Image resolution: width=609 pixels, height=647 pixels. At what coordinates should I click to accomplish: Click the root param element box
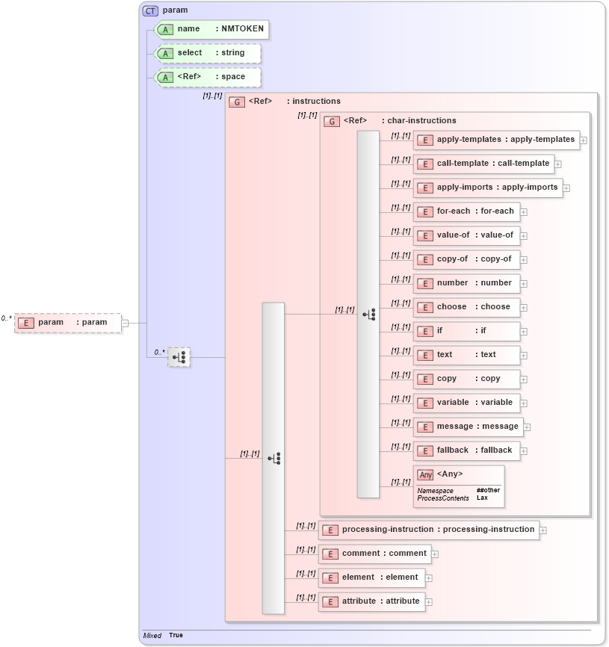pyautogui.click(x=67, y=323)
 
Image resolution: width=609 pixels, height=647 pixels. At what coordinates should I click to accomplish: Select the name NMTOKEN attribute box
pyautogui.click(x=210, y=29)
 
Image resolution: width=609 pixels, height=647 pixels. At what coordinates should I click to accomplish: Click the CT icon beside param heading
pyautogui.click(x=150, y=10)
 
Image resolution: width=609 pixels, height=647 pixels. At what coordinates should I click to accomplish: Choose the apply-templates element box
pyautogui.click(x=496, y=140)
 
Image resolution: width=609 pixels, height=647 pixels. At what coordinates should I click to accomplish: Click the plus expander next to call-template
pyautogui.click(x=558, y=164)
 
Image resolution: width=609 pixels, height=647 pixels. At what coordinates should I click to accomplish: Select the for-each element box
pyautogui.click(x=466, y=211)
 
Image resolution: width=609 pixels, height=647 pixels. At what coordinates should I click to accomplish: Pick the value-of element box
pyautogui.click(x=466, y=235)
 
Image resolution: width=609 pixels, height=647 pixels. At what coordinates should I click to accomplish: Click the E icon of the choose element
pyautogui.click(x=424, y=307)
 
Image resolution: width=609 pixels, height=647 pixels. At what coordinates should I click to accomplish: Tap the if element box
pyautogui.click(x=466, y=331)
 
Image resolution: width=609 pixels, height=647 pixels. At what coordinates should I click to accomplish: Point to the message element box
pyautogui.click(x=469, y=427)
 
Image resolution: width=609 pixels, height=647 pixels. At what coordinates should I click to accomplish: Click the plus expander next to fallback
pyautogui.click(x=524, y=451)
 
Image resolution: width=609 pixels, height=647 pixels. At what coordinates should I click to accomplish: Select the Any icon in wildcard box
pyautogui.click(x=425, y=474)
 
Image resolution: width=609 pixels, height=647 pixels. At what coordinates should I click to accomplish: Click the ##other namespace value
pyautogui.click(x=488, y=490)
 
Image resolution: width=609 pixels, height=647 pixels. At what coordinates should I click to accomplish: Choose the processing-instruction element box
pyautogui.click(x=428, y=530)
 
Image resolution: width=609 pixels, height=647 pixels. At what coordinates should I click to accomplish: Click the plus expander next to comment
pyautogui.click(x=435, y=554)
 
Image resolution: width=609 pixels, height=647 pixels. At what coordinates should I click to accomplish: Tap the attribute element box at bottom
pyautogui.click(x=372, y=601)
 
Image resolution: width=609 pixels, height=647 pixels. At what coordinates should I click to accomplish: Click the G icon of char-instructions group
pyautogui.click(x=332, y=121)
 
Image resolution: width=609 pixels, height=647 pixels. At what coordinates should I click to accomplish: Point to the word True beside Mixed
pyautogui.click(x=176, y=635)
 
